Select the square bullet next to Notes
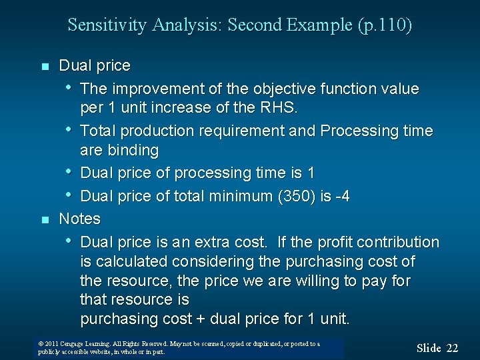45,220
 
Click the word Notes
79,219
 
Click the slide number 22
452,347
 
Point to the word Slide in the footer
429,347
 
